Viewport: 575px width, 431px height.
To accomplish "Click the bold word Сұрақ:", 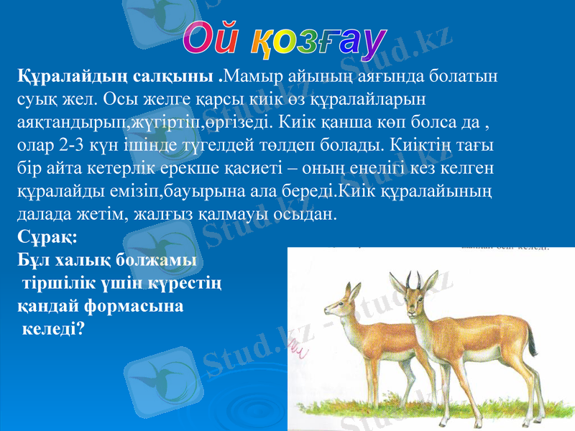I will [x=42, y=236].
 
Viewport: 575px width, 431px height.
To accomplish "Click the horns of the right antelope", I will [x=413, y=280].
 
